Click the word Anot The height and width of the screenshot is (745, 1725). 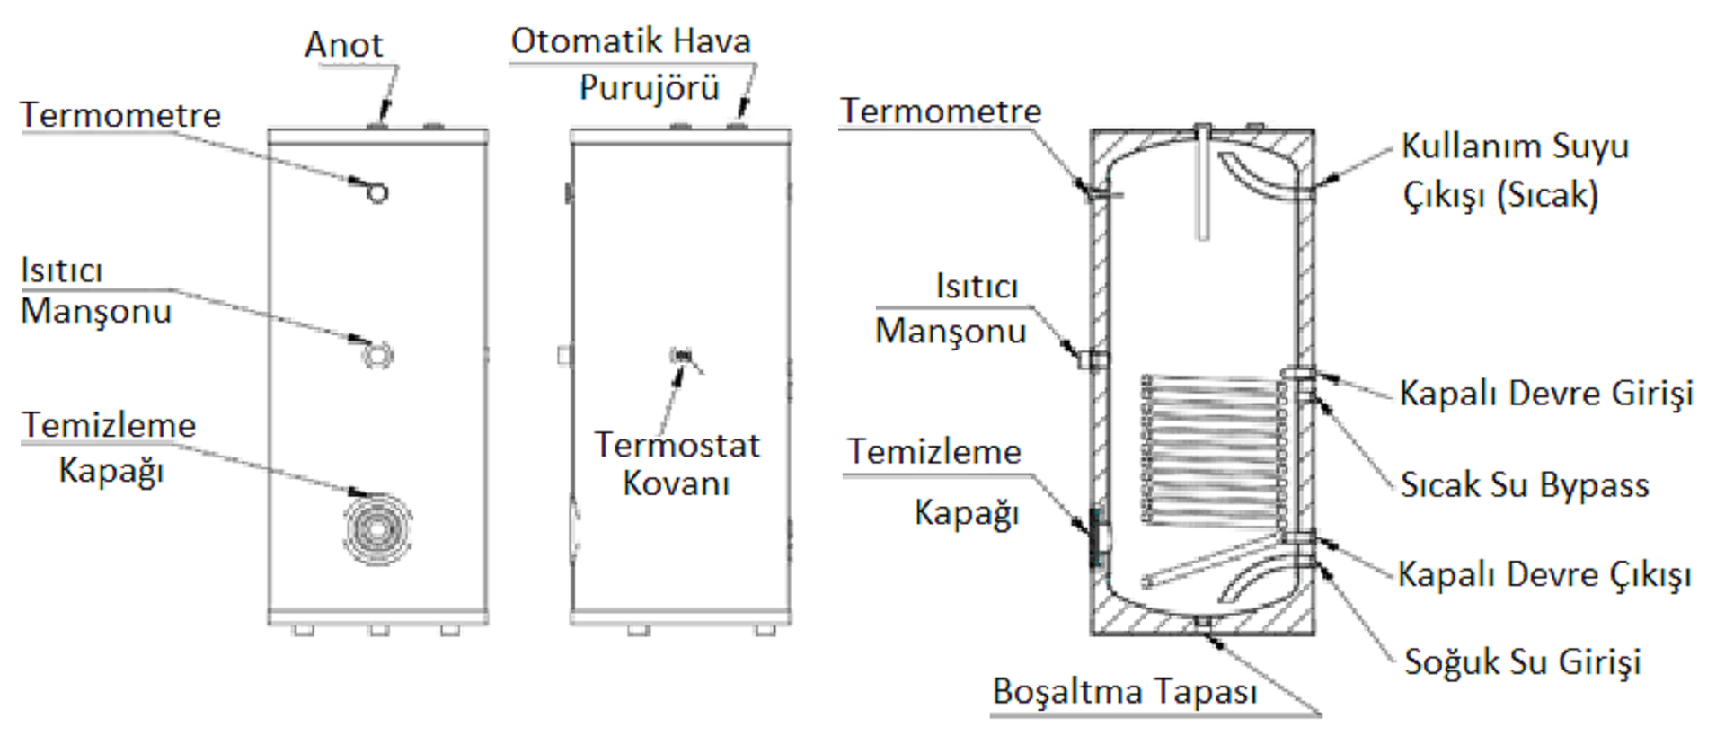point(343,45)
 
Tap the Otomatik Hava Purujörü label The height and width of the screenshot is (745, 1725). point(631,64)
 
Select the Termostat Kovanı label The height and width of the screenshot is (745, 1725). point(677,464)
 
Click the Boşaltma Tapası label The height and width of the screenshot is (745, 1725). point(1125,692)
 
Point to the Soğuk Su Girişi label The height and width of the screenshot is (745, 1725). point(1523,661)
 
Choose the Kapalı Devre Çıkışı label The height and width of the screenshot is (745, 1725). point(1544,574)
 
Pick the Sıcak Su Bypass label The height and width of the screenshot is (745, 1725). point(1525,485)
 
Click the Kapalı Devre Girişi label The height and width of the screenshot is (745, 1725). point(1546,394)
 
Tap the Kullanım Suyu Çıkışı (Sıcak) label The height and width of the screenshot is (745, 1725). point(1515,171)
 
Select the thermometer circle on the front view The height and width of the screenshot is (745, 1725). point(377,192)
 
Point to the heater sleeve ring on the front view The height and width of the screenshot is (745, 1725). point(377,355)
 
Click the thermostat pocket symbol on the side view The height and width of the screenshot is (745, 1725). point(682,356)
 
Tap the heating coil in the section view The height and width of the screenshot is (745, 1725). point(1213,449)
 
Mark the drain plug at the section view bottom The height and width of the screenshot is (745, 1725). point(1203,622)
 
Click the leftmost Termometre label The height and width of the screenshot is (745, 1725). point(120,115)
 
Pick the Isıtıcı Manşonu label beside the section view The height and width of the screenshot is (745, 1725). point(951,309)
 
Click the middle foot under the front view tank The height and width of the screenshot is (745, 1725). point(379,630)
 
